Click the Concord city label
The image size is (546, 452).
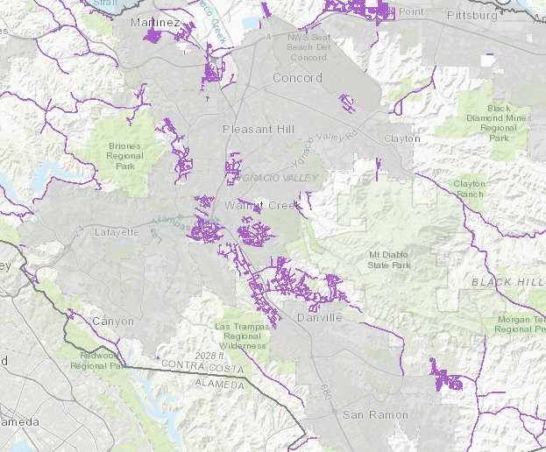(297, 78)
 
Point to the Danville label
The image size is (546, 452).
(319, 317)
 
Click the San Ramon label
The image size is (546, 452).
(375, 413)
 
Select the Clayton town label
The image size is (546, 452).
(401, 138)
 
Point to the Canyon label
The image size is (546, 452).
(113, 321)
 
